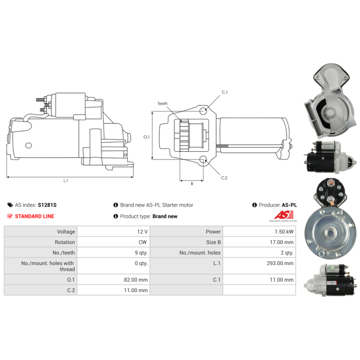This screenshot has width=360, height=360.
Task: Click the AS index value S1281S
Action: [x=47, y=205]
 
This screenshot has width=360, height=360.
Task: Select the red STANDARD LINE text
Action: [x=35, y=216]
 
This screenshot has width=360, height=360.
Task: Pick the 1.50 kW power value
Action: [x=284, y=232]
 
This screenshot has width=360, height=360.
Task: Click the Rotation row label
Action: [x=65, y=242]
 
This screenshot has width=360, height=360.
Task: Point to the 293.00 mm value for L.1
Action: [x=280, y=263]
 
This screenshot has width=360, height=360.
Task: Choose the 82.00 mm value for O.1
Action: [x=136, y=279]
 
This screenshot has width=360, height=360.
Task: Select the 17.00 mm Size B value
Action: [x=282, y=242]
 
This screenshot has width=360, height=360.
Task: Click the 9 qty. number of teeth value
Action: [x=141, y=253]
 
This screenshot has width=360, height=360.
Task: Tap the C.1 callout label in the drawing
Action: [x=225, y=92]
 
